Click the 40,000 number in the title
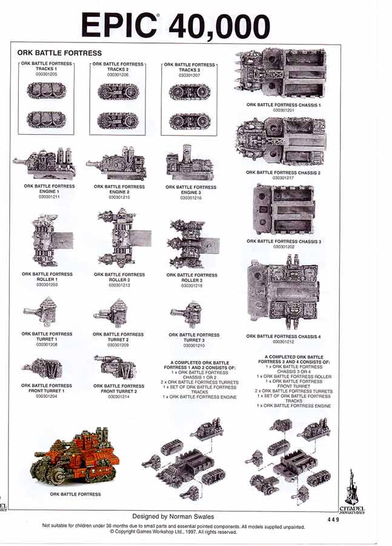tap(219, 26)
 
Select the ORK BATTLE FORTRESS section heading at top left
tap(59, 53)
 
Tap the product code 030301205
tap(47, 75)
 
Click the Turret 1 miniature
tap(44, 313)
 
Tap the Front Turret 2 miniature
tap(116, 367)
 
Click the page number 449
tap(334, 519)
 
